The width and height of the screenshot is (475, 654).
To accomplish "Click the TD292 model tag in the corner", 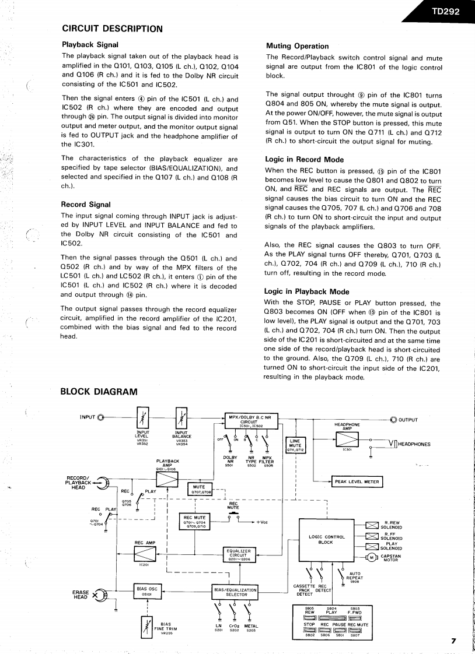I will pyautogui.click(x=446, y=10).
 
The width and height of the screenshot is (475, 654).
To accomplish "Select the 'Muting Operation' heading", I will pyautogui.click(x=297, y=46).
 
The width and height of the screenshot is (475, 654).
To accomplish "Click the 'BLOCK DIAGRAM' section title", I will pyautogui.click(x=99, y=392).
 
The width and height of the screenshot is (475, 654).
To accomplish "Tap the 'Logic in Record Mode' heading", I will pyautogui.click(x=304, y=159).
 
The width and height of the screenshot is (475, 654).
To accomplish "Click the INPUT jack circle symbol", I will pyautogui.click(x=102, y=417).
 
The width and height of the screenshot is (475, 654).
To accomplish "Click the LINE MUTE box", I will pyautogui.click(x=295, y=445).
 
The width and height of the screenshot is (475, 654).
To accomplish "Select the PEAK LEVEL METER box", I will pyautogui.click(x=357, y=481).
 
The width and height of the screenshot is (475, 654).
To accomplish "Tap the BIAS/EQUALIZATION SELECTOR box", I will pyautogui.click(x=236, y=592).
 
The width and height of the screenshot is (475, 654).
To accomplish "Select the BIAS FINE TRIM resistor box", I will pyautogui.click(x=146, y=628).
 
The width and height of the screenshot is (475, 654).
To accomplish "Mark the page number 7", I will pyautogui.click(x=453, y=641).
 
